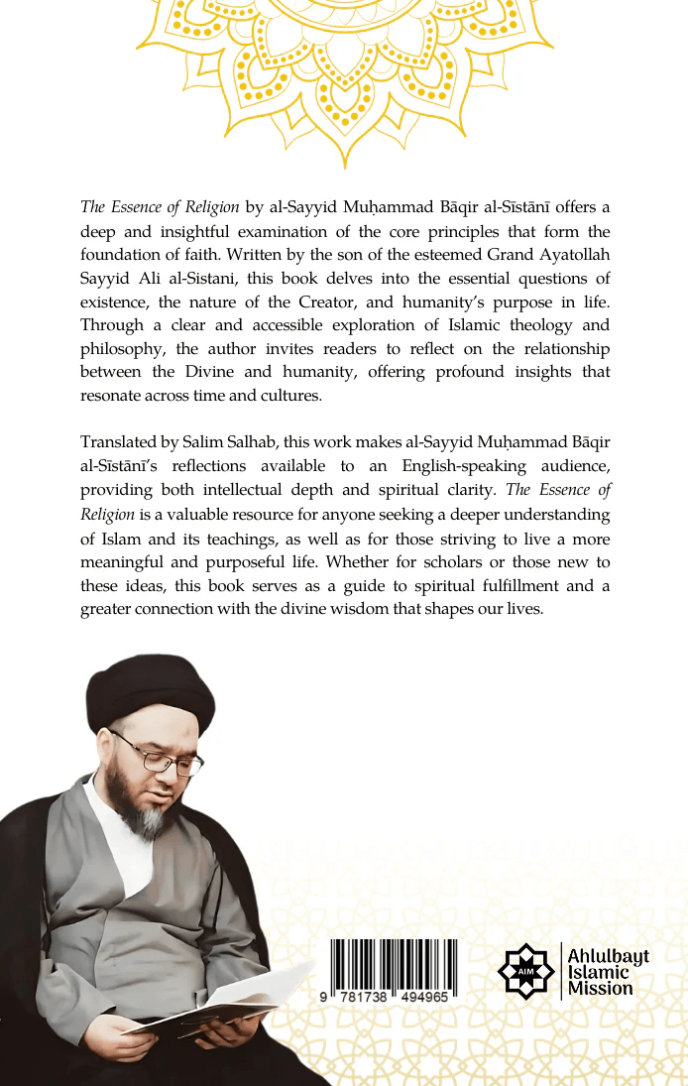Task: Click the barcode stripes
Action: click(x=394, y=961)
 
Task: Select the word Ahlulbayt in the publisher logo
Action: click(x=608, y=956)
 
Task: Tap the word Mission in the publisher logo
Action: click(x=601, y=989)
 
